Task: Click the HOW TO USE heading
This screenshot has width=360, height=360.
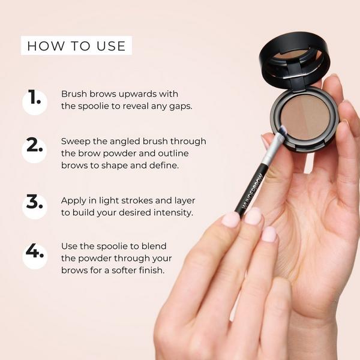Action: (76, 46)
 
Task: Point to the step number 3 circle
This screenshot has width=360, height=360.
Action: (35, 202)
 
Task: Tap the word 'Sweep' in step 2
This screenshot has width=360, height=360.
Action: (76, 141)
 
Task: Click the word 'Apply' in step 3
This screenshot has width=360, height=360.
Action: (74, 200)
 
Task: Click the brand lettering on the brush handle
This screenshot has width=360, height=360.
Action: (252, 181)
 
